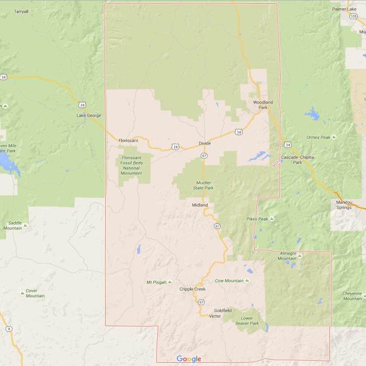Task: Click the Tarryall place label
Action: [21, 11]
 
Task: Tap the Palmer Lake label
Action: [344, 9]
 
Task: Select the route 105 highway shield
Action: [353, 16]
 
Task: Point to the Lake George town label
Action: [89, 115]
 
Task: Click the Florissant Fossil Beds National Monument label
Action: [131, 165]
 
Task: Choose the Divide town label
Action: [204, 143]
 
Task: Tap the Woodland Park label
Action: [262, 105]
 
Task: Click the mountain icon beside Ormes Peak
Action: [334, 137]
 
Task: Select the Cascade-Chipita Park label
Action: [297, 159]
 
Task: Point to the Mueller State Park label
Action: [203, 185]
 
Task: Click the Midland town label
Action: [200, 205]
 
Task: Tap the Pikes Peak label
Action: [257, 219]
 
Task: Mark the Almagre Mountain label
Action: [287, 256]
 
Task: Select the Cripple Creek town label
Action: [192, 289]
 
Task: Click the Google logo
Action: [189, 359]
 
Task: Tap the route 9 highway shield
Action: [9, 329]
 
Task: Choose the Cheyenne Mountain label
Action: [352, 296]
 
